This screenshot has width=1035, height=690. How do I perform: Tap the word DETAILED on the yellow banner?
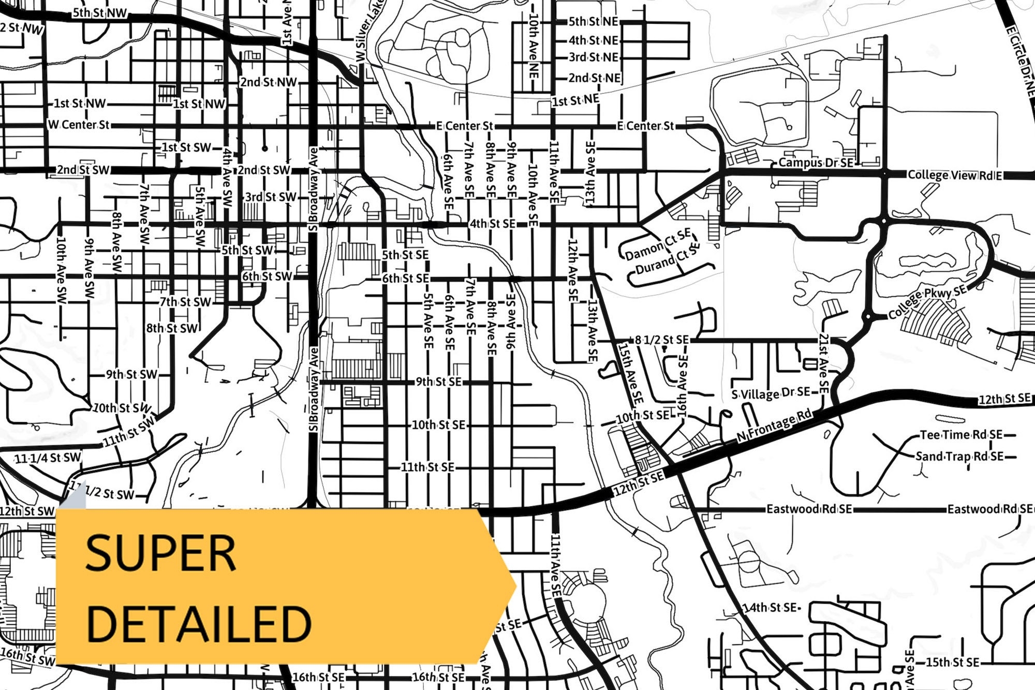199,624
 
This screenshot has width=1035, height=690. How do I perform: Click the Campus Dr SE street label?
816,163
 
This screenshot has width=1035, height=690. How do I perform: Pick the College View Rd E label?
955,175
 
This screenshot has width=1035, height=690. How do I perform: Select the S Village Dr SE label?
771,394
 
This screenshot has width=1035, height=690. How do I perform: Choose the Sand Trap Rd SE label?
959,457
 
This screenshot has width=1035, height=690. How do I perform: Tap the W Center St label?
79,125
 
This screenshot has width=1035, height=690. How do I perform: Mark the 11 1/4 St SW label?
48,458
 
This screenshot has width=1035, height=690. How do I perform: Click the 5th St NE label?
594,22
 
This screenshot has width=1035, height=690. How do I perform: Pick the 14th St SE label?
770,608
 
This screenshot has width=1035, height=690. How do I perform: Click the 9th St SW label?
131,374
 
